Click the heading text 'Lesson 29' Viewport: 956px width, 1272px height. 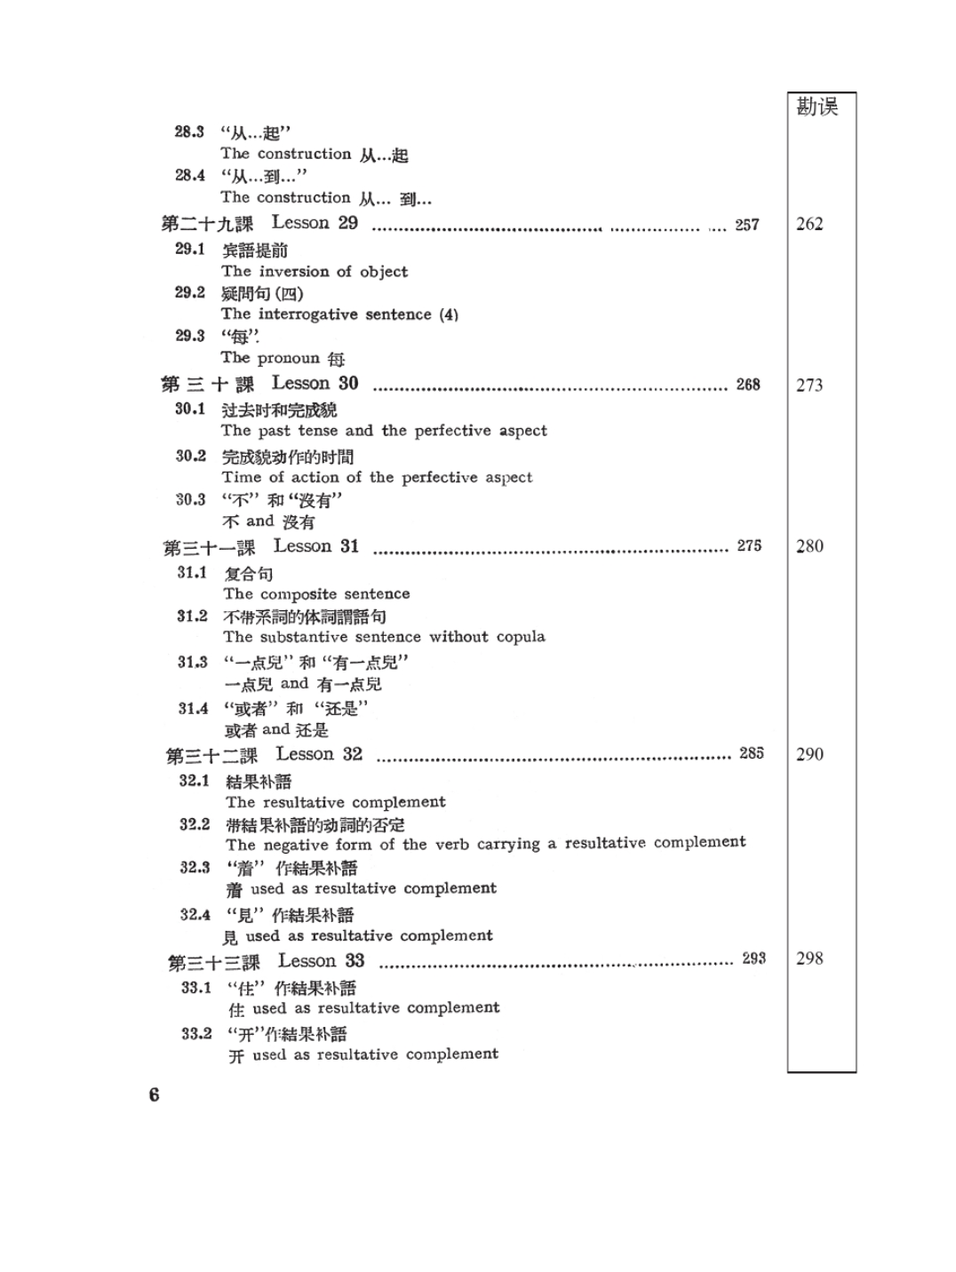click(315, 223)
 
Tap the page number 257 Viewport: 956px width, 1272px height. click(747, 225)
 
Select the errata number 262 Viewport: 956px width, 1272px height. click(809, 224)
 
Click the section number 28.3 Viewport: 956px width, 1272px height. click(189, 132)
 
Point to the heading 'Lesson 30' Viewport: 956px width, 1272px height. click(315, 384)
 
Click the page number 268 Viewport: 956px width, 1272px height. click(748, 385)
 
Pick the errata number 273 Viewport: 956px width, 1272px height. click(809, 386)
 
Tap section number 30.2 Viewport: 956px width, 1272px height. click(190, 456)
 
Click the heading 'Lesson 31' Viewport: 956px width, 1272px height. click(316, 546)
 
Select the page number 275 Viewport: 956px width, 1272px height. click(749, 545)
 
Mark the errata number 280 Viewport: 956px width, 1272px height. click(809, 546)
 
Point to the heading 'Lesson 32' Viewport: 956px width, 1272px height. click(319, 754)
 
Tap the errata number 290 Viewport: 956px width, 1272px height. click(809, 754)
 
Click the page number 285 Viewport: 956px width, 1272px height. click(751, 753)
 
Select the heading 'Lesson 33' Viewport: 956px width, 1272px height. click(321, 961)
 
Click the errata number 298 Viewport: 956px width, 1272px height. click(809, 958)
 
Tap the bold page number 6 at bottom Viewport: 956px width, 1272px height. click(155, 1095)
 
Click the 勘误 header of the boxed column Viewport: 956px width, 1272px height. click(817, 107)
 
